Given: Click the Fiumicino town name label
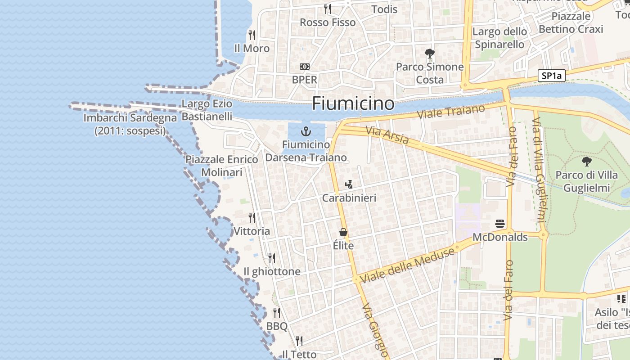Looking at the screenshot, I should [x=353, y=103].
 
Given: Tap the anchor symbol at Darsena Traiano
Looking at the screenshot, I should [x=306, y=131].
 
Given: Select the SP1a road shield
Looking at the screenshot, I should [x=551, y=76].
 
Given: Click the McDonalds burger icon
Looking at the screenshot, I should [x=500, y=224].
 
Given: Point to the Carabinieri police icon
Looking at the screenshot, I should [x=349, y=184].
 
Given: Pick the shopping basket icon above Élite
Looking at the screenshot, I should [x=343, y=232].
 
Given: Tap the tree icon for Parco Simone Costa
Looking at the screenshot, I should [x=430, y=54].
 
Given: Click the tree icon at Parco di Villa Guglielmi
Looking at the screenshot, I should [x=586, y=162].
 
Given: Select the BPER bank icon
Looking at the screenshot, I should [x=305, y=67].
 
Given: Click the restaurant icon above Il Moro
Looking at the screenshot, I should [x=252, y=35].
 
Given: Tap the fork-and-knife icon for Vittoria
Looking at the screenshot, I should [x=252, y=218].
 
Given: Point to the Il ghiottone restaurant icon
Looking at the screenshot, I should [x=272, y=258].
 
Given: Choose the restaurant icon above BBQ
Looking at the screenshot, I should [x=277, y=312].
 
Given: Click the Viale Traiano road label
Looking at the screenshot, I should [x=451, y=112].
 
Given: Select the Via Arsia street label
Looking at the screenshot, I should [x=387, y=135].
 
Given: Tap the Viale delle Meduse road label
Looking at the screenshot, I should [x=407, y=265].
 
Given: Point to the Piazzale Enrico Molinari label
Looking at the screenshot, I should [x=222, y=166].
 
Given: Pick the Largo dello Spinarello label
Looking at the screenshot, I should [x=499, y=38].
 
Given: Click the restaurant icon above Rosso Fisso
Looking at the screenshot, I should [x=328, y=9].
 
